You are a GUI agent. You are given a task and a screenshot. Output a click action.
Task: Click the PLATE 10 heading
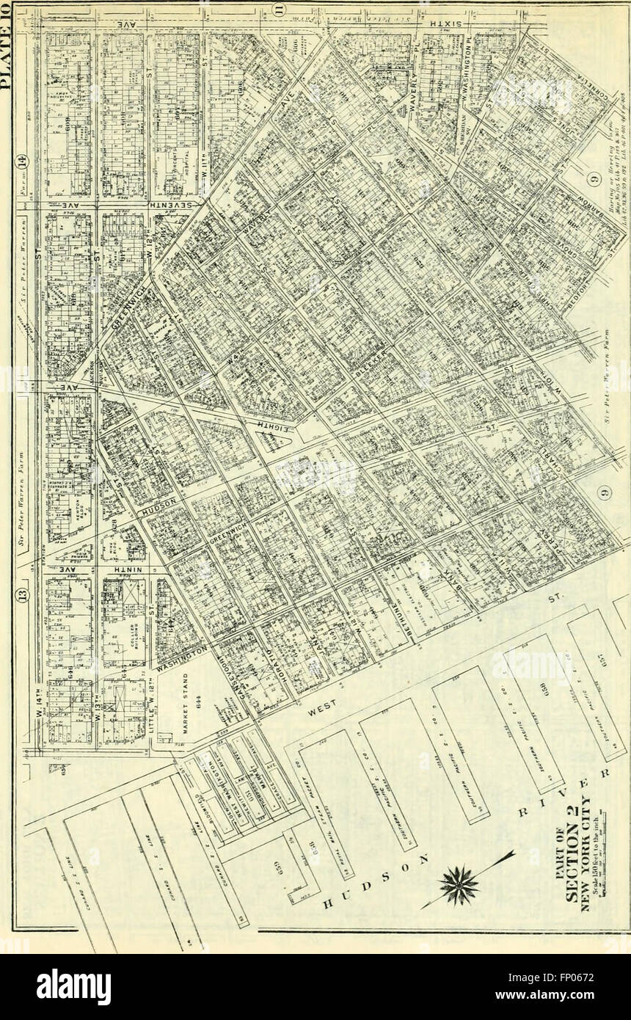click(x=9, y=44)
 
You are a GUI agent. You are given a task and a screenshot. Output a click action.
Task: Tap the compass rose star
click(x=459, y=884)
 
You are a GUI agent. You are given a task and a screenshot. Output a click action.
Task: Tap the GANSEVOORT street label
click(x=230, y=686)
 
